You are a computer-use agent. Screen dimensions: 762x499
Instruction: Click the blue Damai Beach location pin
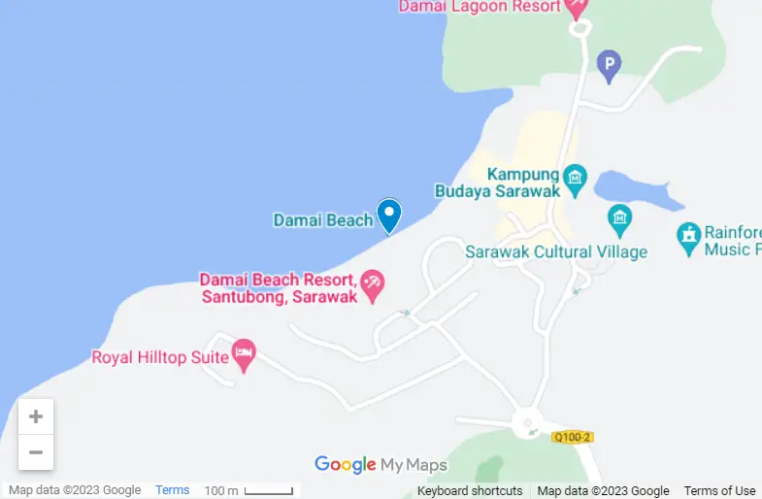[389, 214]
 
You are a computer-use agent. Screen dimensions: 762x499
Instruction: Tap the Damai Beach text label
[323, 220]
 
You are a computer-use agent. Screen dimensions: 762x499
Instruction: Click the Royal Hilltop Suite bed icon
[244, 355]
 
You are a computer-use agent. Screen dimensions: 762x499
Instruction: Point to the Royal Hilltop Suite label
[159, 357]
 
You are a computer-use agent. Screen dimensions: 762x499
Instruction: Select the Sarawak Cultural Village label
[556, 252]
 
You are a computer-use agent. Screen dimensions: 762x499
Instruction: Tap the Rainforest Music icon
[688, 237]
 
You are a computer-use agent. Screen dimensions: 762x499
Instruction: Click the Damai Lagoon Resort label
[480, 7]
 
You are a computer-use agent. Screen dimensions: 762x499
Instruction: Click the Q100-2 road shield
[572, 438]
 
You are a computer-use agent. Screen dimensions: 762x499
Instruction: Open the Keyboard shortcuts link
[470, 491]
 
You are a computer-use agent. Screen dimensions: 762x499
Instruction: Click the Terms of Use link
[719, 491]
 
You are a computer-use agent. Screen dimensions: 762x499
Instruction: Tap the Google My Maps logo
[381, 465]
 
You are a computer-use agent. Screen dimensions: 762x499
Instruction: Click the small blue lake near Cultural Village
[636, 189]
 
